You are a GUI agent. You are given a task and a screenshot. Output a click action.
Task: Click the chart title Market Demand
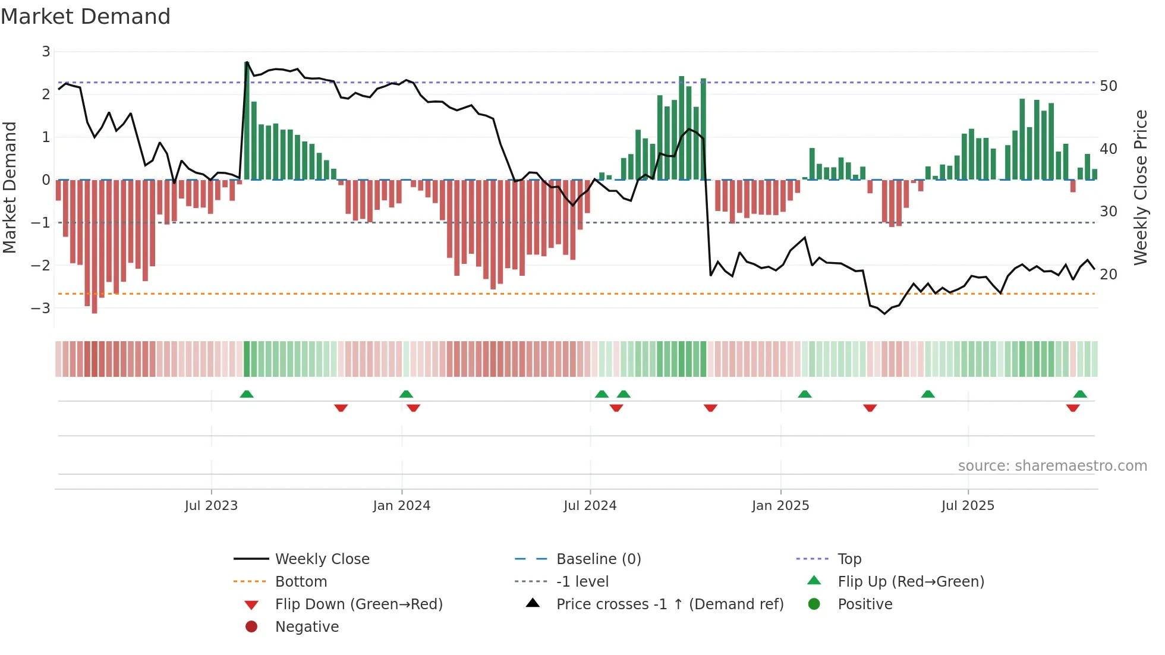(86, 17)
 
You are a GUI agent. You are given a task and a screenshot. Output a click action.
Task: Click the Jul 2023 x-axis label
(211, 506)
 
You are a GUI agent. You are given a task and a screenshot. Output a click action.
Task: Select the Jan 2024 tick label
(401, 506)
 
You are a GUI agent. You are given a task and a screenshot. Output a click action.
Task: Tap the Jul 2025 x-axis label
(968, 506)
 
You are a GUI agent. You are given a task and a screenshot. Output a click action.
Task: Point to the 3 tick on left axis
(46, 52)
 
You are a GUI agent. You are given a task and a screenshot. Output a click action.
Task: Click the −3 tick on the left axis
(42, 308)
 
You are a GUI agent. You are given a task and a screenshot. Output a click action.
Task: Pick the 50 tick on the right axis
(1109, 86)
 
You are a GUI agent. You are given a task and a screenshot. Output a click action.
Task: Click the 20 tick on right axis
(1109, 275)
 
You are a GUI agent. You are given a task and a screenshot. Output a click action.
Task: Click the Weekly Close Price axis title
(1141, 187)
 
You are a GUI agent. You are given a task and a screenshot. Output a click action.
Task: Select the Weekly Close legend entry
(322, 559)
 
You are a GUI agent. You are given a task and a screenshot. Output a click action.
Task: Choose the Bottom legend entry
(301, 582)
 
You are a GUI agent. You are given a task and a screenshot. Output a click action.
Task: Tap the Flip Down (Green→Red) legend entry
(358, 604)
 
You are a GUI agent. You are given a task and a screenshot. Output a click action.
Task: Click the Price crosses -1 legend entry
(669, 604)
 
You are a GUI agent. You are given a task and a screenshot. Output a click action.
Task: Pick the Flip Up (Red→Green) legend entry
(911, 582)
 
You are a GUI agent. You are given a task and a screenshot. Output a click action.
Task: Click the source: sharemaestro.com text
(1052, 466)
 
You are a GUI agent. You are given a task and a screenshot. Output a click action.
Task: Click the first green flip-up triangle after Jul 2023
(247, 394)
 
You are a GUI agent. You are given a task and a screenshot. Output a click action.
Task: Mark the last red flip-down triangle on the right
(1073, 408)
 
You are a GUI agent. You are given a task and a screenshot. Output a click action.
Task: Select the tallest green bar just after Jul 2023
(247, 119)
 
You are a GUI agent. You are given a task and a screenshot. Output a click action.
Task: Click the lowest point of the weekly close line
(884, 313)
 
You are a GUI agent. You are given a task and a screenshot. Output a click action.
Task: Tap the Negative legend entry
(307, 627)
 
